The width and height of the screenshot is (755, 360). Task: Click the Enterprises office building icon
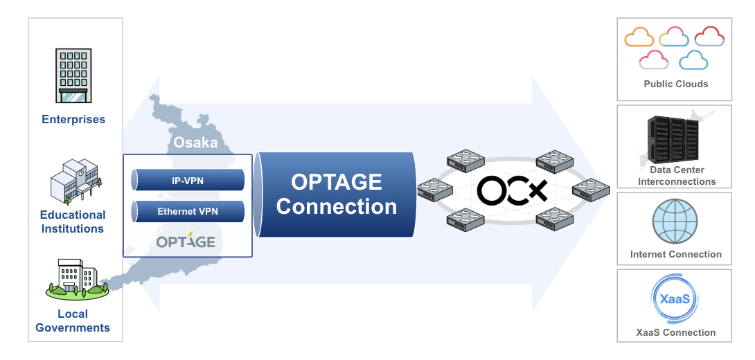pos(73,75)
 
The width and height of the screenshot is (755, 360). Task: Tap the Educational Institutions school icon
pos(75,179)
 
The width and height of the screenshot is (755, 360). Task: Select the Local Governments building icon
pos(77,278)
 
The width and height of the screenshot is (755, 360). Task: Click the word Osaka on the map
pos(195,143)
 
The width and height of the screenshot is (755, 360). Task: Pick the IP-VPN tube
pos(188,181)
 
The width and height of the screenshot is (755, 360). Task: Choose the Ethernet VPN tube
pos(188,211)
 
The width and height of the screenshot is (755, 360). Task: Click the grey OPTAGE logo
pos(186,242)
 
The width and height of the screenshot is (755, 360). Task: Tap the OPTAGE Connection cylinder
pos(336,194)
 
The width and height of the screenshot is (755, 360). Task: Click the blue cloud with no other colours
pos(693,60)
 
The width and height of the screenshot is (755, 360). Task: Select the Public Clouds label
pos(675,84)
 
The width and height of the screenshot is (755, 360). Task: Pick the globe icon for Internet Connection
pos(675,222)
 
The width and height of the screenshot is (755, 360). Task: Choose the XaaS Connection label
pos(675,332)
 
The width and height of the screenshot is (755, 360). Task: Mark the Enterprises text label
pos(73,119)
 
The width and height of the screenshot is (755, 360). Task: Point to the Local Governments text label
pos(73,321)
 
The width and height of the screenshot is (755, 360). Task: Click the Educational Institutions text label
pos(73,222)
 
